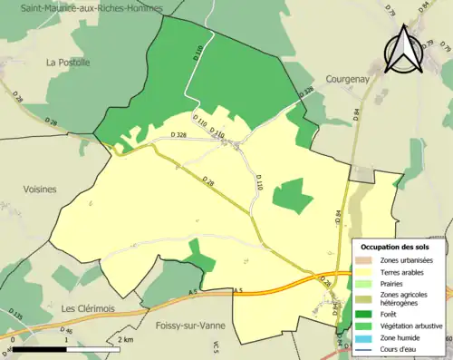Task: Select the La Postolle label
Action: click(68, 63)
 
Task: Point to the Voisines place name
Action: click(36, 190)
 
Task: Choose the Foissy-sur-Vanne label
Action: click(191, 326)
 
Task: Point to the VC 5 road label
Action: click(217, 347)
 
